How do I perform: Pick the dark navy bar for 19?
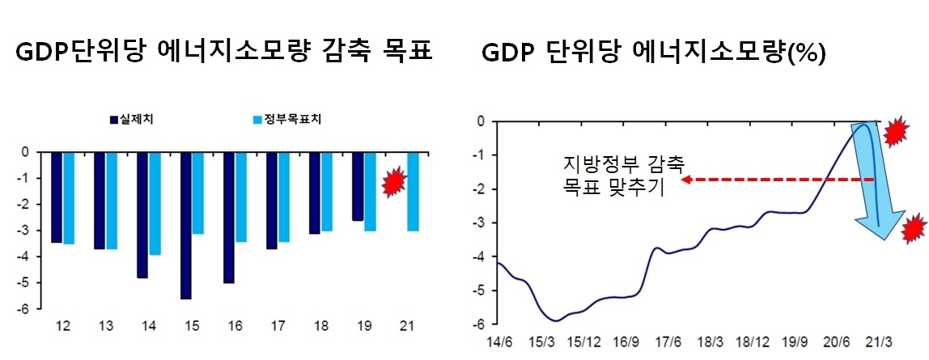(358, 186)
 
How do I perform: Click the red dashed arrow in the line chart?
(777, 180)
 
